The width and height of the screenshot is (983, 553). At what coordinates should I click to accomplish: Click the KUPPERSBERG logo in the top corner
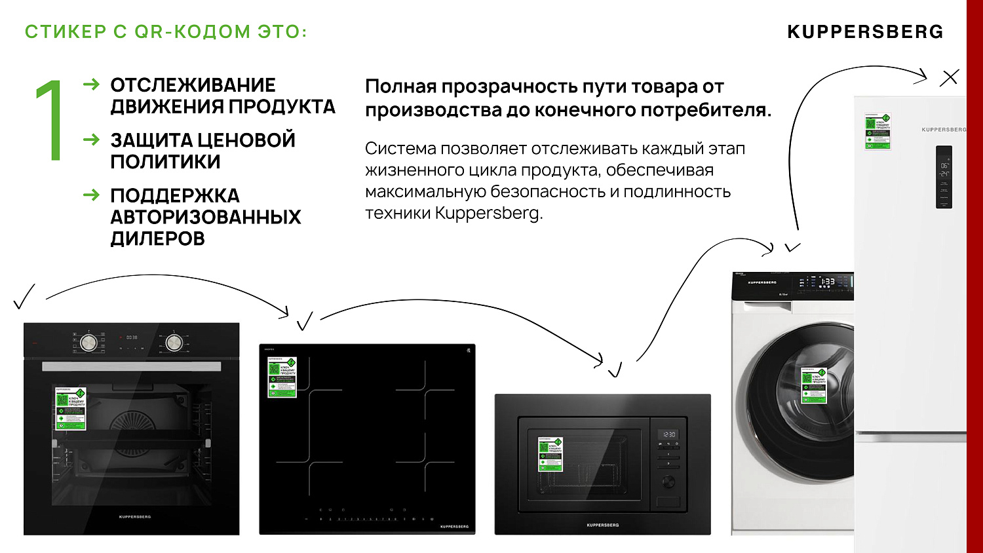pyautogui.click(x=865, y=32)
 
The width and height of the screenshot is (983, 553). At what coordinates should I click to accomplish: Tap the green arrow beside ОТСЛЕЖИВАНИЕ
pyautogui.click(x=92, y=85)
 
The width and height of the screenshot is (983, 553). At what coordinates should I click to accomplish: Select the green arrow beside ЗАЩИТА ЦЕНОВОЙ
pyautogui.click(x=92, y=140)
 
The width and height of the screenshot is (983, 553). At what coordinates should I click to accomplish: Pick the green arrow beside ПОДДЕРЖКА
pyautogui.click(x=92, y=195)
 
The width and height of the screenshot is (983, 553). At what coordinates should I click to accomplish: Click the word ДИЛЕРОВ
pyautogui.click(x=157, y=239)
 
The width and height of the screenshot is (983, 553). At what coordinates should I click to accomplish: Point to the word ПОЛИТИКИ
pyautogui.click(x=165, y=162)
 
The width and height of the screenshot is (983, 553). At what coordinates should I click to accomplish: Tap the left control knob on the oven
pyautogui.click(x=88, y=341)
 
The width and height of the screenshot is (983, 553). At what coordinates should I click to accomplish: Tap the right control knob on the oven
pyautogui.click(x=174, y=341)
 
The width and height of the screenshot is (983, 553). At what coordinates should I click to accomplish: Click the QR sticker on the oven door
pyautogui.click(x=70, y=408)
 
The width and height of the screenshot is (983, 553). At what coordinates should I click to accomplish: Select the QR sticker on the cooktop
pyautogui.click(x=282, y=377)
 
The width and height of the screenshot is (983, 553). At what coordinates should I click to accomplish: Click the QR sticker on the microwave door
pyautogui.click(x=550, y=453)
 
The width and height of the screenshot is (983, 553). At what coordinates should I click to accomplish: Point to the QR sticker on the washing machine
pyautogui.click(x=814, y=385)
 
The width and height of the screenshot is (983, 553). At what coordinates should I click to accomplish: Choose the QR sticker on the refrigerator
pyautogui.click(x=877, y=131)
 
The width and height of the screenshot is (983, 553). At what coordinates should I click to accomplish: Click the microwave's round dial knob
pyautogui.click(x=668, y=482)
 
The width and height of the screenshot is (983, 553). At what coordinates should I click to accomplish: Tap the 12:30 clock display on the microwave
pyautogui.click(x=668, y=434)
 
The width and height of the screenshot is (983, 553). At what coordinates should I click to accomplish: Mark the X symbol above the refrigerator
pyautogui.click(x=949, y=77)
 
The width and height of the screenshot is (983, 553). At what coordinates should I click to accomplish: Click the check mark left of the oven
pyautogui.click(x=24, y=297)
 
